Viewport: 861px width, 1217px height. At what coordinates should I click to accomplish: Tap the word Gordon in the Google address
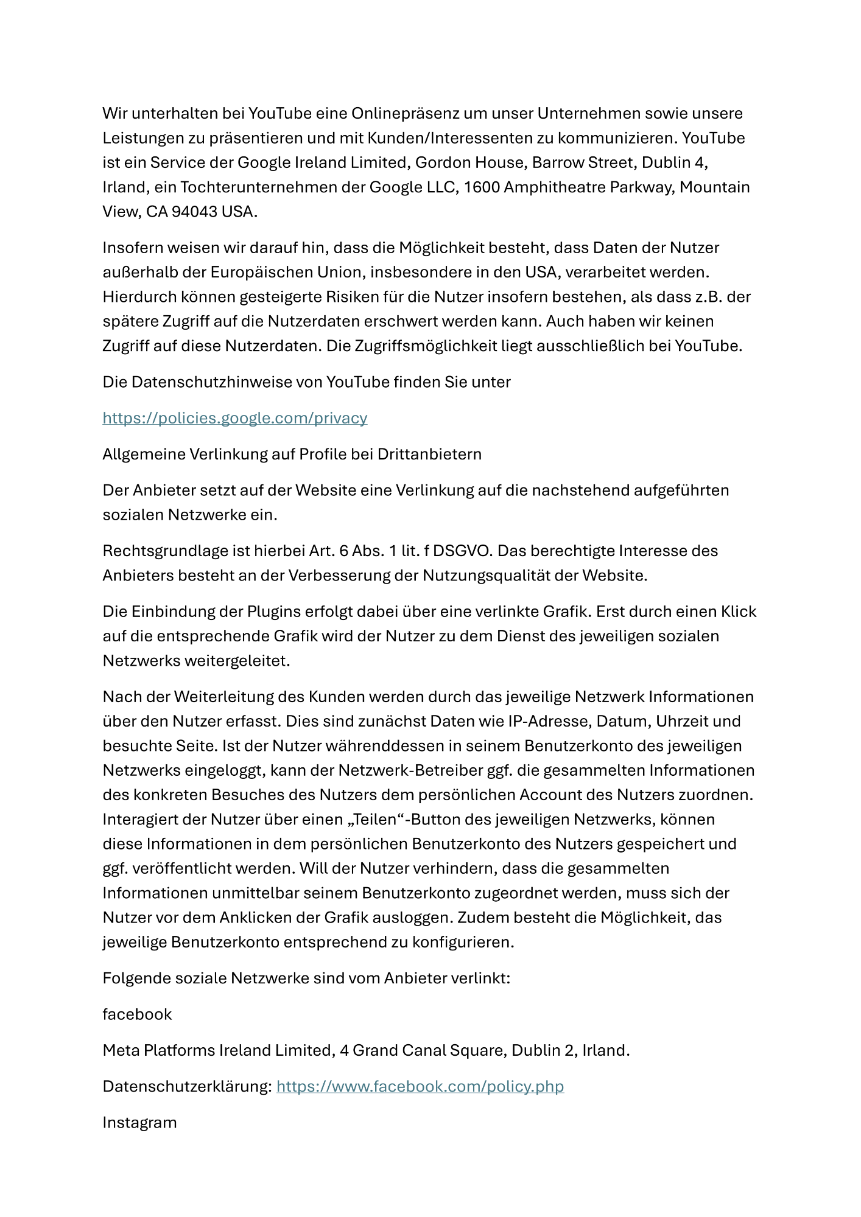[x=443, y=162]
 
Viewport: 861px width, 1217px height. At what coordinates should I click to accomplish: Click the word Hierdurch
[x=139, y=297]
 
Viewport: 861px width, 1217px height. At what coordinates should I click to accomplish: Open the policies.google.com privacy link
[x=234, y=418]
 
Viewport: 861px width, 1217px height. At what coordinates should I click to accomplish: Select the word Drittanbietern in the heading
[x=429, y=455]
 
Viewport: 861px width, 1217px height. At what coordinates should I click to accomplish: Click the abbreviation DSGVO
[x=461, y=551]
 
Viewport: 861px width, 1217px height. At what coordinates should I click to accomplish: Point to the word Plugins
[x=274, y=612]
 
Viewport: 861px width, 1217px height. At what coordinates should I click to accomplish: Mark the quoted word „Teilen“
[x=376, y=820]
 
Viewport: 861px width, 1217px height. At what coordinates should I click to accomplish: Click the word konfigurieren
[x=463, y=943]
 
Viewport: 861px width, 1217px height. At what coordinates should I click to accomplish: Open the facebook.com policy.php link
[x=420, y=1087]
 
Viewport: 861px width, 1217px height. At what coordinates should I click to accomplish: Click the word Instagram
[x=139, y=1123]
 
